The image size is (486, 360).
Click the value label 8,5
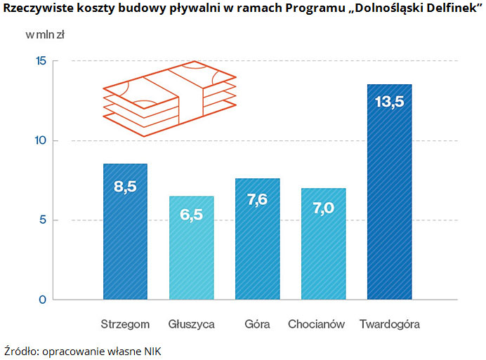tap(125, 186)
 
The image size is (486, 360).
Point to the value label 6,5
tap(191, 215)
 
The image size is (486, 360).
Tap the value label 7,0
tap(324, 208)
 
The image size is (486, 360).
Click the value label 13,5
tap(390, 102)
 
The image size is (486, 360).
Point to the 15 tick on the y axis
tap(40, 61)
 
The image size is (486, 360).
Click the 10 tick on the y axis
tap(40, 140)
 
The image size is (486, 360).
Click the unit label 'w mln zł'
tap(45, 34)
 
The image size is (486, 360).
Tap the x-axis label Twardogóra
tap(390, 325)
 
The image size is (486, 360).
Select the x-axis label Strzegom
tap(125, 325)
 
